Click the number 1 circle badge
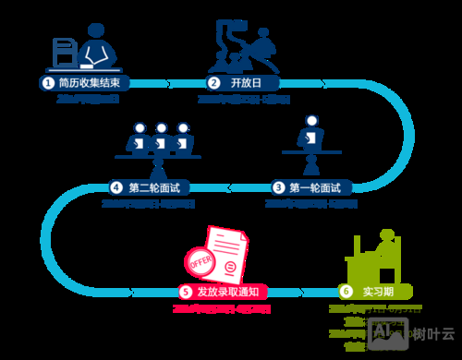[46, 82]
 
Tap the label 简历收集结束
[89, 82]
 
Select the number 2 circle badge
[213, 82]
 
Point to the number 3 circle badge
[278, 187]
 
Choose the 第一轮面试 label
[315, 187]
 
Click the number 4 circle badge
[116, 187]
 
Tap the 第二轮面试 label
[153, 187]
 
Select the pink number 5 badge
[186, 292]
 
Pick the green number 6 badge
[346, 291]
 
